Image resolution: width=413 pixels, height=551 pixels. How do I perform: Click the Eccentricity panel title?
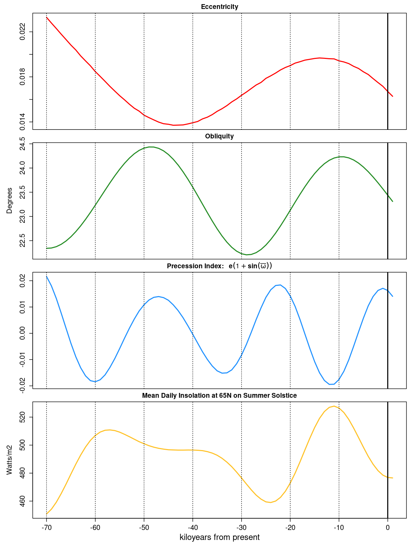click(x=219, y=7)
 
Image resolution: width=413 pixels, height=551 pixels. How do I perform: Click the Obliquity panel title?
click(x=219, y=136)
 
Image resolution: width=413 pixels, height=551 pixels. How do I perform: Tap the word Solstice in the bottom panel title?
click(x=284, y=396)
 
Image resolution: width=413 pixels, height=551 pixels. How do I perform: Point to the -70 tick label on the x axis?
click(x=46, y=528)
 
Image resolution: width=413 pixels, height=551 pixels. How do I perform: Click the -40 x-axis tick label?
click(x=193, y=528)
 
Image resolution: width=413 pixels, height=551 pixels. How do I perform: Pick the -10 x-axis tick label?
click(x=339, y=528)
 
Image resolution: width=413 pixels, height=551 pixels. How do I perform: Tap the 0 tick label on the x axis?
click(x=388, y=528)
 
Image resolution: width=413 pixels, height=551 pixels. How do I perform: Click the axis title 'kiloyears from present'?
click(x=220, y=538)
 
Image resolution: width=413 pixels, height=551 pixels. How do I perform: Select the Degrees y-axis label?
click(x=10, y=200)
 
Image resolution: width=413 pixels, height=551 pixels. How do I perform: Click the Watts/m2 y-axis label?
click(x=10, y=460)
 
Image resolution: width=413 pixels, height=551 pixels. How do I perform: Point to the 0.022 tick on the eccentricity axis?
click(x=22, y=32)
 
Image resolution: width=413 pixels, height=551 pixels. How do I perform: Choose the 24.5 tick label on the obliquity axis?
click(x=22, y=144)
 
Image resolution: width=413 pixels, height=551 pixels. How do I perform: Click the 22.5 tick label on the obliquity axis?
click(x=22, y=241)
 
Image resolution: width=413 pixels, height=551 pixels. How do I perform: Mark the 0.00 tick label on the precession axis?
click(x=22, y=333)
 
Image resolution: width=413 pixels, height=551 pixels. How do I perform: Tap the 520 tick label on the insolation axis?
click(x=22, y=417)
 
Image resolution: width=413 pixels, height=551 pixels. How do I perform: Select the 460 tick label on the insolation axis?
click(x=22, y=501)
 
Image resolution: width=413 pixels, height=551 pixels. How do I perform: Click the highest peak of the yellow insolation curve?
click(x=334, y=406)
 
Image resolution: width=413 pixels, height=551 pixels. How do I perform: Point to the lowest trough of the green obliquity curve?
click(x=247, y=255)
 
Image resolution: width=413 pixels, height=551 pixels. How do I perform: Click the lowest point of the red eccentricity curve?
click(x=174, y=125)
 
